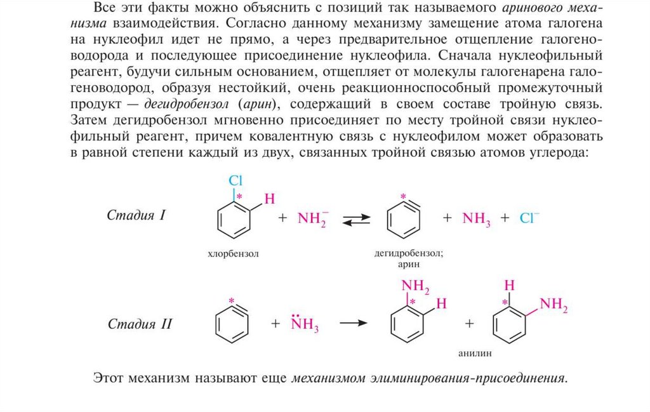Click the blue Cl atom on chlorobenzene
tap(235, 180)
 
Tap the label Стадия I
tap(136, 215)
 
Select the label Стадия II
tap(140, 324)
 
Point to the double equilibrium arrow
tap(356, 219)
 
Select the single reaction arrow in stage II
tap(353, 323)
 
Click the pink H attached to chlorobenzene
tap(269, 199)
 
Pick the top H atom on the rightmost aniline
tap(508, 286)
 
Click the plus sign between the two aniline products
tap(470, 323)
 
